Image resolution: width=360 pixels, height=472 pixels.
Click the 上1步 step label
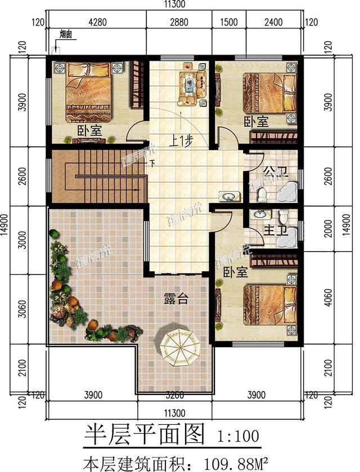(179, 142)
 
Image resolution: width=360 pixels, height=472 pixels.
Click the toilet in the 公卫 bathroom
(261, 195)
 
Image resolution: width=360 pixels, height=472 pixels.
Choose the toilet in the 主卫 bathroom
(283, 216)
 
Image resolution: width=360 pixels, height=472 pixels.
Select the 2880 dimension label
(178, 23)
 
